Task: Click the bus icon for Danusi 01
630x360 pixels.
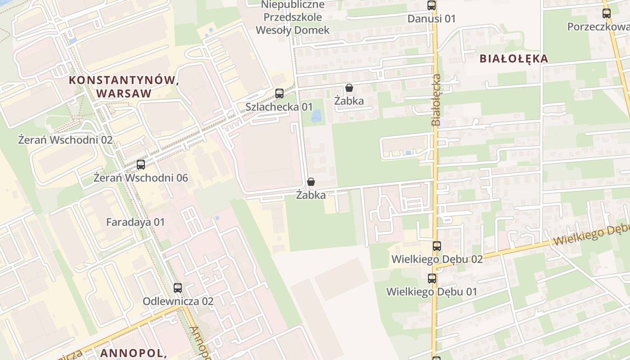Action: coord(432,5)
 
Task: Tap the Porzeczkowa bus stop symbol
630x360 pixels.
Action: coord(607,13)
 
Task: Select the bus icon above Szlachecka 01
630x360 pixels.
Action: coord(279,94)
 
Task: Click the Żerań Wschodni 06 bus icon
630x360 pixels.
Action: coord(141,165)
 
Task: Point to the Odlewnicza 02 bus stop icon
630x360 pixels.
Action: coord(178,288)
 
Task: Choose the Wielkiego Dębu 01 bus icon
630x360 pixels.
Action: coord(432,279)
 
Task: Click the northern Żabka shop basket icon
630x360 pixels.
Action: coord(349,88)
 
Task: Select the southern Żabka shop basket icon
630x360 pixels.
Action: coord(310,182)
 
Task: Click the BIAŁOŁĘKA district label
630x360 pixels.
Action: coord(513,58)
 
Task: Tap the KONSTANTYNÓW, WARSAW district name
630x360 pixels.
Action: coord(121,87)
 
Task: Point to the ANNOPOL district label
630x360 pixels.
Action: coord(133,353)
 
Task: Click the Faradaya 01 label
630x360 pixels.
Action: coord(135,222)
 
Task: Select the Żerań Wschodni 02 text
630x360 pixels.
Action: coord(65,140)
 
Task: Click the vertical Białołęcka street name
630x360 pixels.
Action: coord(436,100)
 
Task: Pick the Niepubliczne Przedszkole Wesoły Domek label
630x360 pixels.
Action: coord(292,18)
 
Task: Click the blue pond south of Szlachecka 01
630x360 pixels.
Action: coord(317,116)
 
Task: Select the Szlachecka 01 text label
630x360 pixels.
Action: coord(279,107)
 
